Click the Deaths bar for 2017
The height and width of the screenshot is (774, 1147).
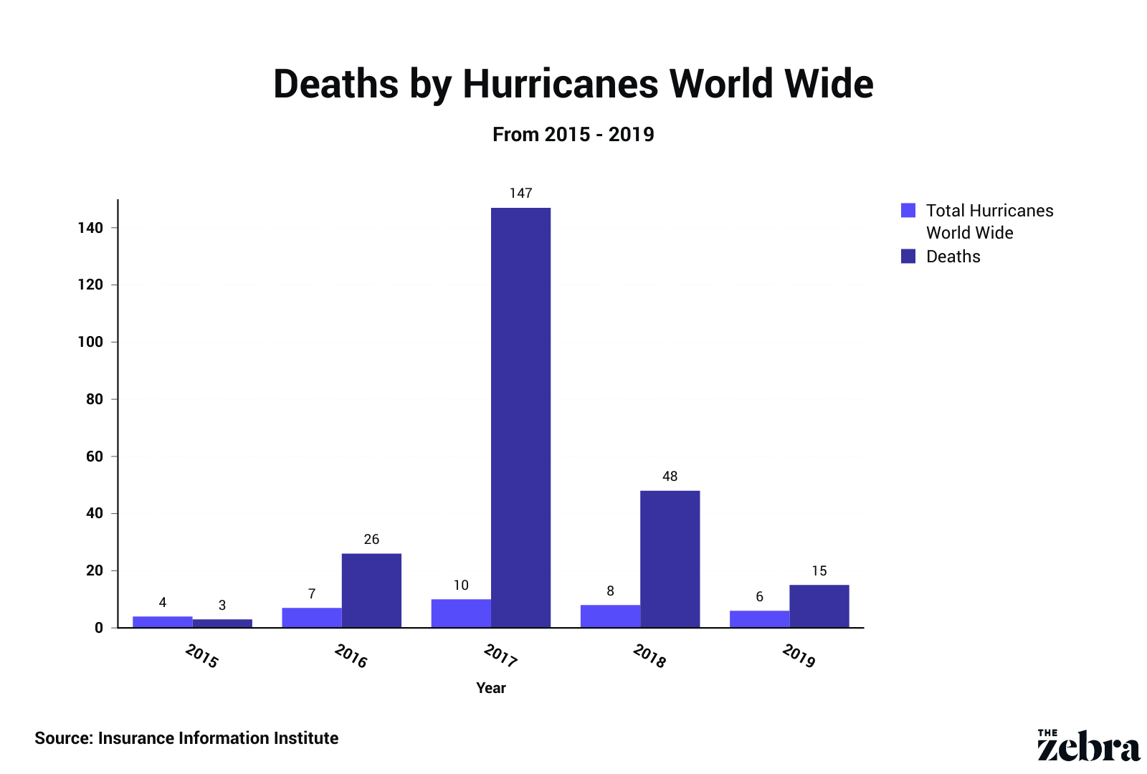(x=520, y=417)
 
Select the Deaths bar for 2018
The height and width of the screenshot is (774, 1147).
(x=670, y=559)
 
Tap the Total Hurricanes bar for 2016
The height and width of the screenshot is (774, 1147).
(x=312, y=618)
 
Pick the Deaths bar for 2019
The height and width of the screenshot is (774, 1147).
(x=819, y=606)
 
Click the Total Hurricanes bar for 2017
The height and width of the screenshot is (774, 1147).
(x=461, y=613)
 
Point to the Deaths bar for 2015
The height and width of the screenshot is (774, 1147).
(x=222, y=623)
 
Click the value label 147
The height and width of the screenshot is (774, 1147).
(x=520, y=193)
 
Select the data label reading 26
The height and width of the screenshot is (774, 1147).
(x=371, y=540)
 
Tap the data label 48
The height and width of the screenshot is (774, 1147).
(x=670, y=477)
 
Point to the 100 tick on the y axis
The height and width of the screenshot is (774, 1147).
(x=90, y=342)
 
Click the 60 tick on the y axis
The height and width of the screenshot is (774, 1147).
(x=95, y=457)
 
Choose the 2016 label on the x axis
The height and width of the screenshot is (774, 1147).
(x=351, y=656)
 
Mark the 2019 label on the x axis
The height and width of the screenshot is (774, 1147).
(x=799, y=656)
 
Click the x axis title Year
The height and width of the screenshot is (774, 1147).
(x=491, y=688)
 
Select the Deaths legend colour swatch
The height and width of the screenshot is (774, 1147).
(x=908, y=256)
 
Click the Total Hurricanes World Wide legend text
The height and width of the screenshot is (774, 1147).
(x=989, y=221)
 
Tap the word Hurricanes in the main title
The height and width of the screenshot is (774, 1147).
(x=560, y=84)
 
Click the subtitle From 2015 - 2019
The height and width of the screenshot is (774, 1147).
(x=573, y=135)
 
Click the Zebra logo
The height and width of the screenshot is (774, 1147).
(x=1088, y=746)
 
